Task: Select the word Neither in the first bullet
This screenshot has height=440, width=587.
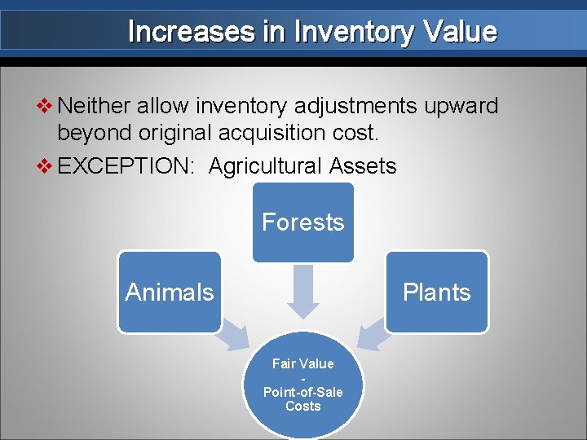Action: click(95, 106)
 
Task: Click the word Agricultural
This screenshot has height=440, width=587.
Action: click(266, 166)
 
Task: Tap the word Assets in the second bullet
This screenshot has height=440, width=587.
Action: click(363, 166)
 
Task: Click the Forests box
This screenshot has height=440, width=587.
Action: click(303, 222)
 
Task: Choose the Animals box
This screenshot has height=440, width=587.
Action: click(170, 292)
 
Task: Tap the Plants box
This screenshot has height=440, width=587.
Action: click(437, 292)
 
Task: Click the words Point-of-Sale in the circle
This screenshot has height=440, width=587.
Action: click(303, 392)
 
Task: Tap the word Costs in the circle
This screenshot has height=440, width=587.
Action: click(303, 406)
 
